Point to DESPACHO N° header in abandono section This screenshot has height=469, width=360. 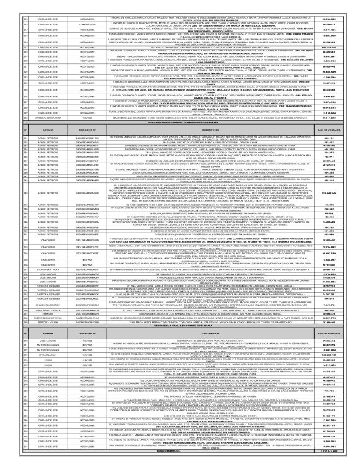pos(92,164)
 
